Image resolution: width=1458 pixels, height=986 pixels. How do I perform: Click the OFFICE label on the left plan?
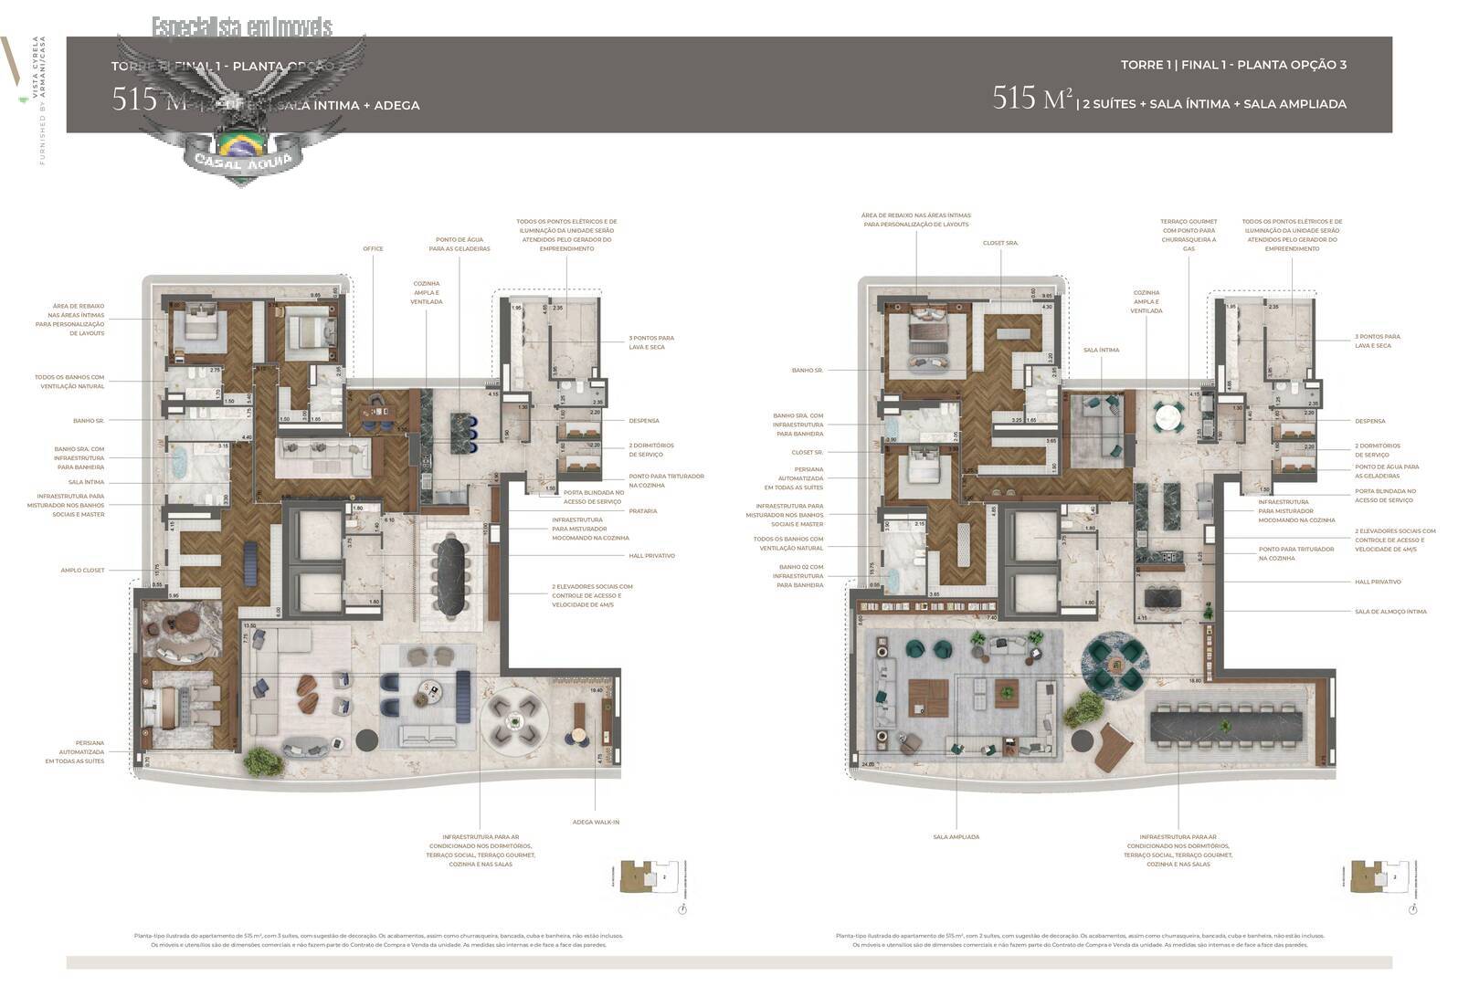point(373,248)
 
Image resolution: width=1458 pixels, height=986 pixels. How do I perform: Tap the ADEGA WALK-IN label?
point(596,822)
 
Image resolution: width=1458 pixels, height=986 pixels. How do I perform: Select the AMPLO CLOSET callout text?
point(82,570)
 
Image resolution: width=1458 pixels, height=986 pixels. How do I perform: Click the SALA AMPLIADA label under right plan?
point(956,836)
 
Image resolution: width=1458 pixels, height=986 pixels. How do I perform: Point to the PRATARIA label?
point(642,511)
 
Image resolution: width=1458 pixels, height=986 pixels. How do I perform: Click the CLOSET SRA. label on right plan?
point(1000,243)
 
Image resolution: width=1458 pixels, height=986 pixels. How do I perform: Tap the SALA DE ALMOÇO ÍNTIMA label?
point(1390,612)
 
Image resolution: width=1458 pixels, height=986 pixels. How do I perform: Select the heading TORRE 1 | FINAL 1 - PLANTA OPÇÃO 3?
point(1233,65)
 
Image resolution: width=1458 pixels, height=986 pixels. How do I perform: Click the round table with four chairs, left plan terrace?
point(516,720)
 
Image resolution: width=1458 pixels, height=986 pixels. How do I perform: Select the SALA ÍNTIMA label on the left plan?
point(86,482)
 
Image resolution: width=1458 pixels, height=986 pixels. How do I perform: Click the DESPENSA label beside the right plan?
point(1369,421)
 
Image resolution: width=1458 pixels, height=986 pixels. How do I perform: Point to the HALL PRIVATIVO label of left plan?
point(651,555)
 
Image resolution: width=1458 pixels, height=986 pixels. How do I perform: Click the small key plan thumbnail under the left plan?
point(649,877)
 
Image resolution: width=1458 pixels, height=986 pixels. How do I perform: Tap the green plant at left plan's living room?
point(259,760)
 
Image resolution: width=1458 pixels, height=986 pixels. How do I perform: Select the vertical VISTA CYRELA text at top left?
point(36,68)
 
